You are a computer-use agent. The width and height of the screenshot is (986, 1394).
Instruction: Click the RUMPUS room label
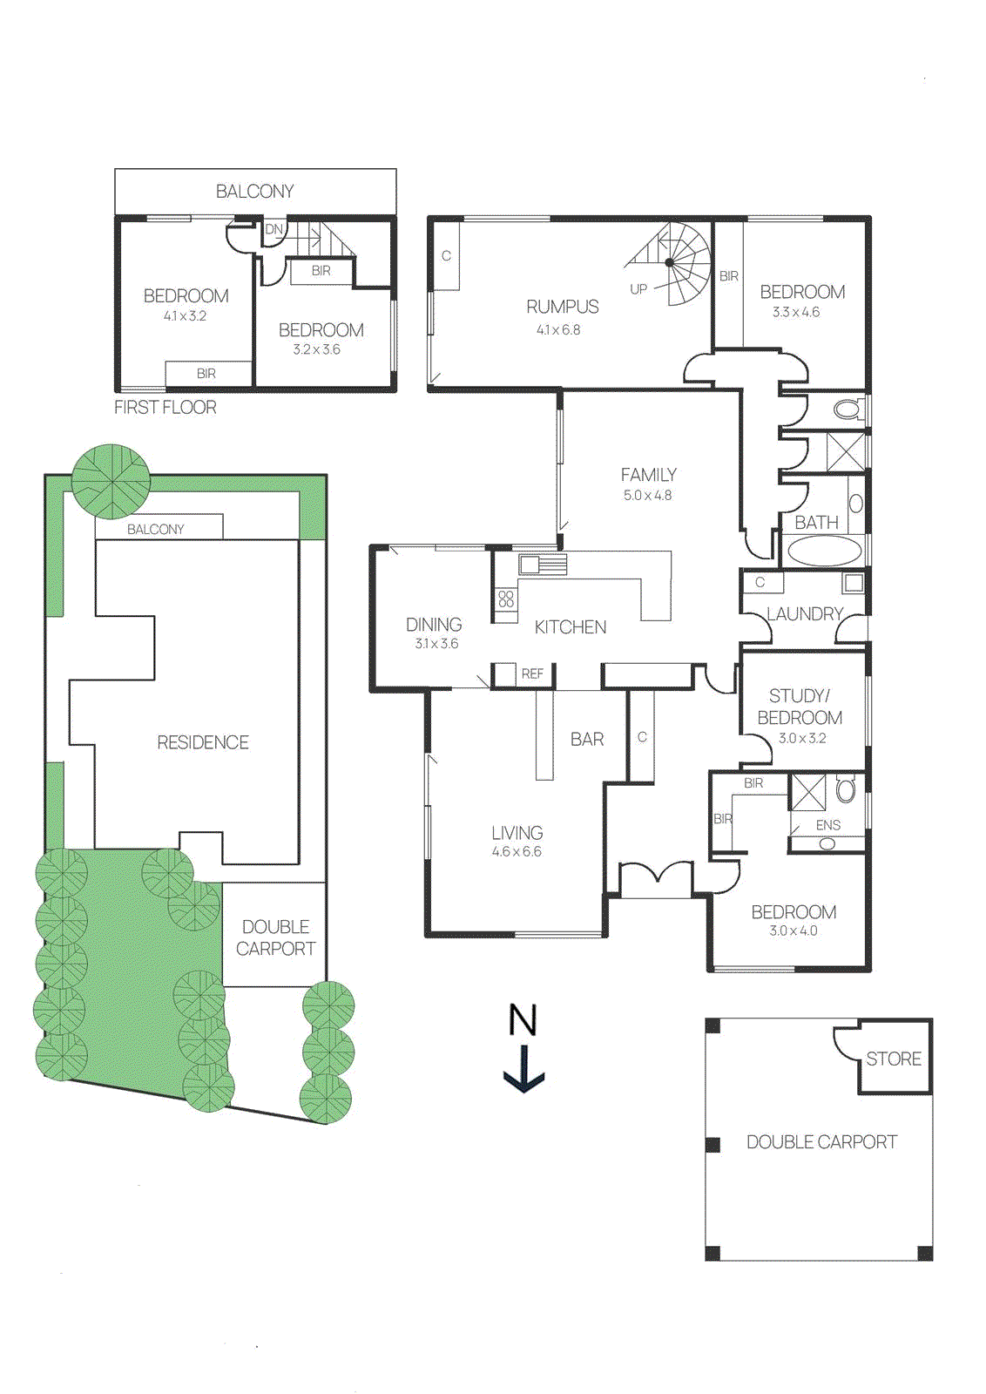(x=562, y=307)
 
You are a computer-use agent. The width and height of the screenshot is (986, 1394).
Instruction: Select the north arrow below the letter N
(x=523, y=1071)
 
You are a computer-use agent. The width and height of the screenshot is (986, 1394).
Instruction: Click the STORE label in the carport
(x=893, y=1059)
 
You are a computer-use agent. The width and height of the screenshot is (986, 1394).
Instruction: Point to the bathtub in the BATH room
(x=824, y=552)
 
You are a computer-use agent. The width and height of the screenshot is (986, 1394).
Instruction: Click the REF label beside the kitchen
(x=532, y=673)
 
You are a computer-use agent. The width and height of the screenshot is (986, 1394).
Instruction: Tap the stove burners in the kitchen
(x=506, y=599)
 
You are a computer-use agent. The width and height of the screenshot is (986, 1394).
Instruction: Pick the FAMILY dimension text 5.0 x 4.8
(x=647, y=495)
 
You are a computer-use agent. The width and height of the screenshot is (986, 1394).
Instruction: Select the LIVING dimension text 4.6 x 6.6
(x=517, y=851)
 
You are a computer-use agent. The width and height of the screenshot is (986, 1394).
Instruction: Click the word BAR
(x=587, y=739)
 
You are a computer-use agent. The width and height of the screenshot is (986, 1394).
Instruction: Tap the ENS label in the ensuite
(x=827, y=825)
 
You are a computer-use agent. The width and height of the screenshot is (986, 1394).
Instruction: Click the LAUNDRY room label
(x=804, y=614)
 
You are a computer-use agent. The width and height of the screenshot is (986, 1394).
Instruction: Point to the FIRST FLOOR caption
(x=165, y=407)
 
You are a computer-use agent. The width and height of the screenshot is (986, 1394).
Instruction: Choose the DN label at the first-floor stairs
(x=274, y=229)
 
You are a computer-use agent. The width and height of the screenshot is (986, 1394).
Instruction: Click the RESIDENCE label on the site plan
(x=203, y=742)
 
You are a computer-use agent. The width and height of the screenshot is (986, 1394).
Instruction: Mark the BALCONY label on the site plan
(x=156, y=529)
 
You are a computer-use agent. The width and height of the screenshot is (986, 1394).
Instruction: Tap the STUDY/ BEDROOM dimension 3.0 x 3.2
(x=801, y=738)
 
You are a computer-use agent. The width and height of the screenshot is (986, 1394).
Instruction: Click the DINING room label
(x=434, y=625)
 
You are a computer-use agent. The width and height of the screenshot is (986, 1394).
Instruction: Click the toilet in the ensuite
(x=846, y=790)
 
